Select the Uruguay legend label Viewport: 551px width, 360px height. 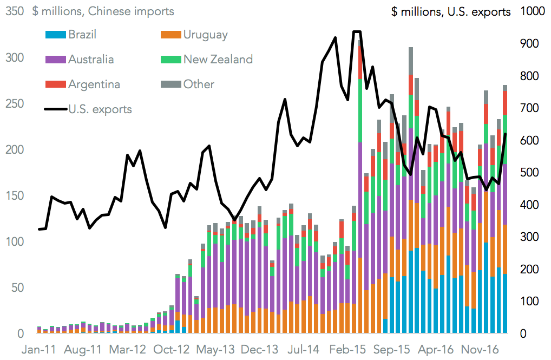click(x=205, y=35)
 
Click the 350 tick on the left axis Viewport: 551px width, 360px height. click(x=13, y=11)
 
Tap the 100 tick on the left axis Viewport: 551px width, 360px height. click(x=13, y=241)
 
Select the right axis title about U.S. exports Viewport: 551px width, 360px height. click(x=451, y=12)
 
